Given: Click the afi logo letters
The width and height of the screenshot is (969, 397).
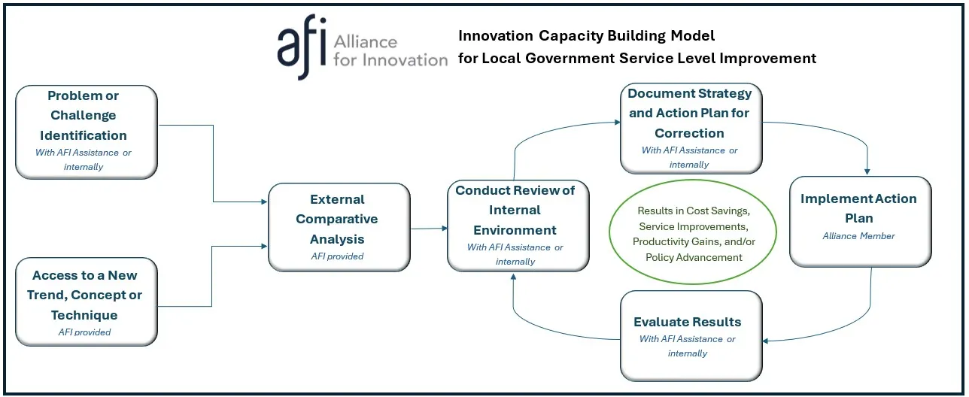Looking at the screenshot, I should tap(301, 50).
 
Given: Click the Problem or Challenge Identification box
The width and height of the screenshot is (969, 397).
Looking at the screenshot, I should tap(87, 132).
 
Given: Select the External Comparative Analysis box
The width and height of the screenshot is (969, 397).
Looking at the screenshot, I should tap(339, 226).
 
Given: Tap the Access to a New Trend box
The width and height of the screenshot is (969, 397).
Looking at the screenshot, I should tap(87, 301).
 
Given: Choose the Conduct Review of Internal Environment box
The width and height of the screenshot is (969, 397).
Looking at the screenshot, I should tap(518, 225).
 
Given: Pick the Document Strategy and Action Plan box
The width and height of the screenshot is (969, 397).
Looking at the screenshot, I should tap(691, 128).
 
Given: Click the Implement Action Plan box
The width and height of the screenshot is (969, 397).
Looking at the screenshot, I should tap(860, 221).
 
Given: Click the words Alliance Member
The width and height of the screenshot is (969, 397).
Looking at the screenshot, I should tap(859, 236).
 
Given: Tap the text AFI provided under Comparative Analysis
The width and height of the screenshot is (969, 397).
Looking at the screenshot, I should tap(337, 256).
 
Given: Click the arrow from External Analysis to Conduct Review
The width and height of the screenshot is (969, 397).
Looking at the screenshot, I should tap(429, 228).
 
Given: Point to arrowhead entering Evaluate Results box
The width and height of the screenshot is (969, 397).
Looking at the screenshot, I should tap(767, 340).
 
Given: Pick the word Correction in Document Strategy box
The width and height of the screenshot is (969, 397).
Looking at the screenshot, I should tap(689, 133).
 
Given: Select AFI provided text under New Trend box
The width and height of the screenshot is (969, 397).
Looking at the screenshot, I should tap(84, 332).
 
